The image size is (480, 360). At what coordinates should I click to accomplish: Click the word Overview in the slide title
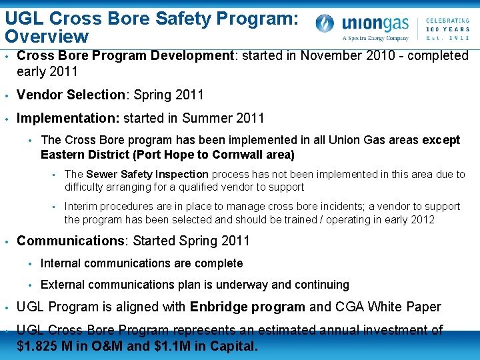point(46,36)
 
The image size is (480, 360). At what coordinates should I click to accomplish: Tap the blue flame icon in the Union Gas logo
point(325,24)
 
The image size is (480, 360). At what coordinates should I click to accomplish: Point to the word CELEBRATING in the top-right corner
point(447,11)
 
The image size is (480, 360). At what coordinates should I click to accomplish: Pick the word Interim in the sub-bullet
point(80,206)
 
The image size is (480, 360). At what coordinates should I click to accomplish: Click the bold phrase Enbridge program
point(248,307)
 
